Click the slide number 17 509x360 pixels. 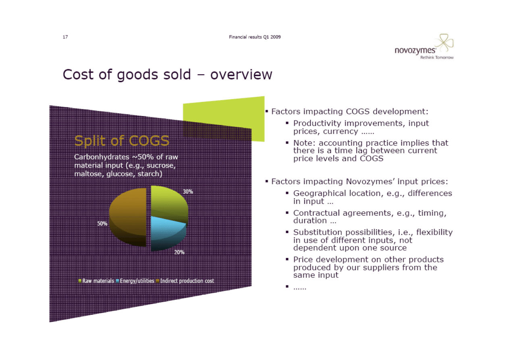pos(65,37)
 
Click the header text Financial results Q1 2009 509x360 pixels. pos(255,37)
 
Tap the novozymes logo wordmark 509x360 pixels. pos(415,50)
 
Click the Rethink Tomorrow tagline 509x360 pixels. pos(437,58)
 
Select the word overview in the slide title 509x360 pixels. pos(241,75)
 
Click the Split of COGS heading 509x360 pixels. pos(122,141)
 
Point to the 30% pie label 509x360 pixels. pos(188,191)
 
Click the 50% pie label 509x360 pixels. pos(102,224)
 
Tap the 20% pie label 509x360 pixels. pos(179,252)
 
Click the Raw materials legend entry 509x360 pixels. pos(96,281)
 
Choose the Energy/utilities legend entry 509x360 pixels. pos(135,281)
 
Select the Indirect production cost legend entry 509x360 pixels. pos(185,281)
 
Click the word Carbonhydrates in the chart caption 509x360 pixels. pos(102,157)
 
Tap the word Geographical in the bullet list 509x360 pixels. pos(320,194)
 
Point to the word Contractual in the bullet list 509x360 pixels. pos(316,213)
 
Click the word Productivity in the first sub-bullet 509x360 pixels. pos(317,123)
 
